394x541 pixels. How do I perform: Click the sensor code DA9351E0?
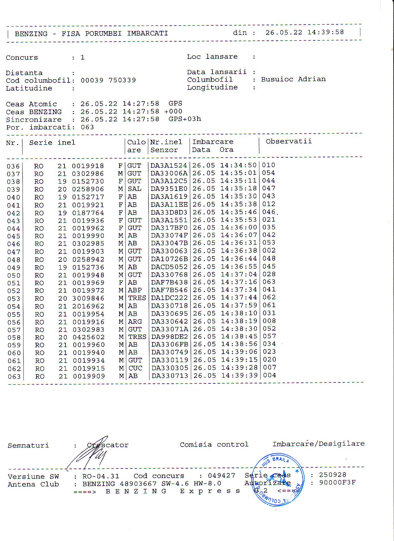pyautogui.click(x=169, y=189)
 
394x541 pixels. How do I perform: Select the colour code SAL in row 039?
pyautogui.click(x=134, y=189)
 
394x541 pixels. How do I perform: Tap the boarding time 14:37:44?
pyautogui.click(x=238, y=298)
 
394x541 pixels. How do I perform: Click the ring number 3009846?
pyautogui.click(x=88, y=298)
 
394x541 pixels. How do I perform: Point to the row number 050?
pyautogui.click(x=14, y=275)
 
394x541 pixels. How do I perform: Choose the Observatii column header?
pyautogui.click(x=288, y=141)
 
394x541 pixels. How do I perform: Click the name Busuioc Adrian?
pyautogui.click(x=293, y=79)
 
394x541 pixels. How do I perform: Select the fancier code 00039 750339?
pyautogui.click(x=108, y=80)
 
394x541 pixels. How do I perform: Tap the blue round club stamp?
pyautogui.click(x=278, y=479)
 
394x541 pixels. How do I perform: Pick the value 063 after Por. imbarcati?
pyautogui.click(x=87, y=127)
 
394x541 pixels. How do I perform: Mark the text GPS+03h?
pyautogui.click(x=185, y=119)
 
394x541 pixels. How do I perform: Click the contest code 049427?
pyautogui.click(x=221, y=476)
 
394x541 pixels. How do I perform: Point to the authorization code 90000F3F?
pyautogui.click(x=337, y=482)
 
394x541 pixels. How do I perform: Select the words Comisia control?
pyautogui.click(x=214, y=444)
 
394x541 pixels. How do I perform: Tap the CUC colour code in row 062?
pyautogui.click(x=135, y=368)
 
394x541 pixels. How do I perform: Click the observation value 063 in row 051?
pyautogui.click(x=269, y=282)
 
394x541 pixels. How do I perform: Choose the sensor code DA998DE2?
pyautogui.click(x=169, y=337)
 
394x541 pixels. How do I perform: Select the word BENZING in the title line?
pyautogui.click(x=31, y=34)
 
